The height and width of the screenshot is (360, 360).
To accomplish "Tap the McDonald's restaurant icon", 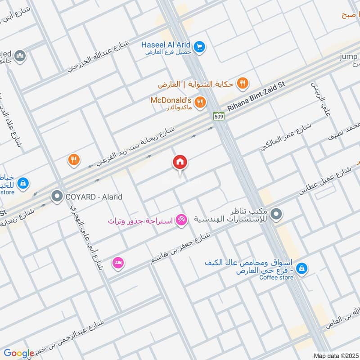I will (x=201, y=102).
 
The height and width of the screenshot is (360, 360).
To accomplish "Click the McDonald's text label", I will (x=174, y=100).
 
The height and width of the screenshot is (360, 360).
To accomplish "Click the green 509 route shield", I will (x=219, y=117).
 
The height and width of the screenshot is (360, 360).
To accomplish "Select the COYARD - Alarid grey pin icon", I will (x=57, y=196).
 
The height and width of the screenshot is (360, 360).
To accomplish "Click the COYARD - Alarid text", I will (x=94, y=197).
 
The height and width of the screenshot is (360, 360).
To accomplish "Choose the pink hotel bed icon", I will (x=118, y=262).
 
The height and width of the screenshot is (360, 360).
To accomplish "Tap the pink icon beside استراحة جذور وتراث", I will (x=181, y=220).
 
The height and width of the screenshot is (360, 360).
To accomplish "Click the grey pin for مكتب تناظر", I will (x=277, y=214).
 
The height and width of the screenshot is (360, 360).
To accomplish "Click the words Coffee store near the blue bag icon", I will (x=276, y=278).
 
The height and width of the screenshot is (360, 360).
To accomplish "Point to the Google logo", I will (x=18, y=354).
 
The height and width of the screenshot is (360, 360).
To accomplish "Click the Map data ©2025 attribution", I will (x=335, y=356).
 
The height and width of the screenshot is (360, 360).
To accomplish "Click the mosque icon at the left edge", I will (x=20, y=56).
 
